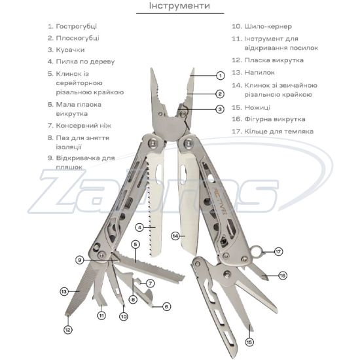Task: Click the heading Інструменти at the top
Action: click(x=179, y=5)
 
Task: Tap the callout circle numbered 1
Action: click(x=221, y=75)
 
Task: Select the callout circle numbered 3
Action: click(x=220, y=109)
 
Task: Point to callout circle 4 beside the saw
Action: click(x=139, y=228)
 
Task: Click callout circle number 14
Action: click(x=175, y=236)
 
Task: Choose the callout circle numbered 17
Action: click(x=278, y=251)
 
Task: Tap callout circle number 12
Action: click(x=67, y=330)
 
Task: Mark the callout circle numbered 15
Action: click(x=249, y=342)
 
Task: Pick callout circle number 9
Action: click(x=80, y=260)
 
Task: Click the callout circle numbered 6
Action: click(x=166, y=306)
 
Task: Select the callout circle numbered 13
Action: click(x=64, y=291)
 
